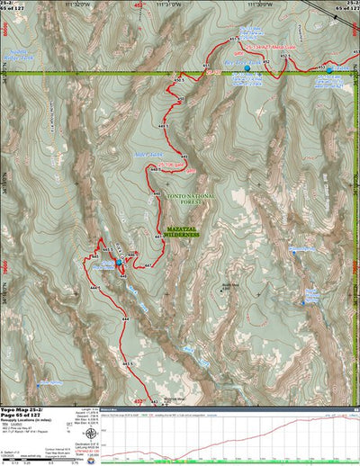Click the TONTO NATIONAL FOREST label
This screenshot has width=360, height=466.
(182, 209)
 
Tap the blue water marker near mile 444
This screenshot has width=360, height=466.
(118, 263)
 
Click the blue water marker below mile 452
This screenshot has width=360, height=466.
(247, 68)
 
